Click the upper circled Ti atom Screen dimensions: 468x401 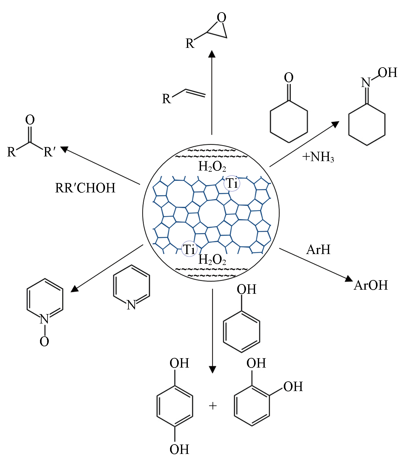pos(232,183)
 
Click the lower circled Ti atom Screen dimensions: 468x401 pos(189,249)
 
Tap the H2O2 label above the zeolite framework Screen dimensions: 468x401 pos(212,166)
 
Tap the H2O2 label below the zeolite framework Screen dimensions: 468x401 pos(212,259)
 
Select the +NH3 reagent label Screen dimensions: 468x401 pos(318,157)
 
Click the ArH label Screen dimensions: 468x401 pos(318,250)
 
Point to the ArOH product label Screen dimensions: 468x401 pos(371,285)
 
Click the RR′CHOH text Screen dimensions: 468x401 pos(85,188)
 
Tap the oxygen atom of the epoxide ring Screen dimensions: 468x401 pos(221,18)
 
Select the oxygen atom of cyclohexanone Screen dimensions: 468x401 pos(289,78)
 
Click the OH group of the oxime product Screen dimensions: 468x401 pos(387,73)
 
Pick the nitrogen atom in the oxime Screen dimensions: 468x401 pos(366,83)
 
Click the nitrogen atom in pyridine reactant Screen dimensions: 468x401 pos(131,305)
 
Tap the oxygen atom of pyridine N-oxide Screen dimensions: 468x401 pos(44,341)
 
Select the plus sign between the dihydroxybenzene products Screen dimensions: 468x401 pos(213,406)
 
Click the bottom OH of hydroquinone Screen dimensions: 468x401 pos(179,450)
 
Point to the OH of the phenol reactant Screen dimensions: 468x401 pos(246,289)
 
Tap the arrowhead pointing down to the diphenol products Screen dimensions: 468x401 pos(212,369)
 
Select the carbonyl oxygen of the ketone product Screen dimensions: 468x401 pos(30,120)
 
